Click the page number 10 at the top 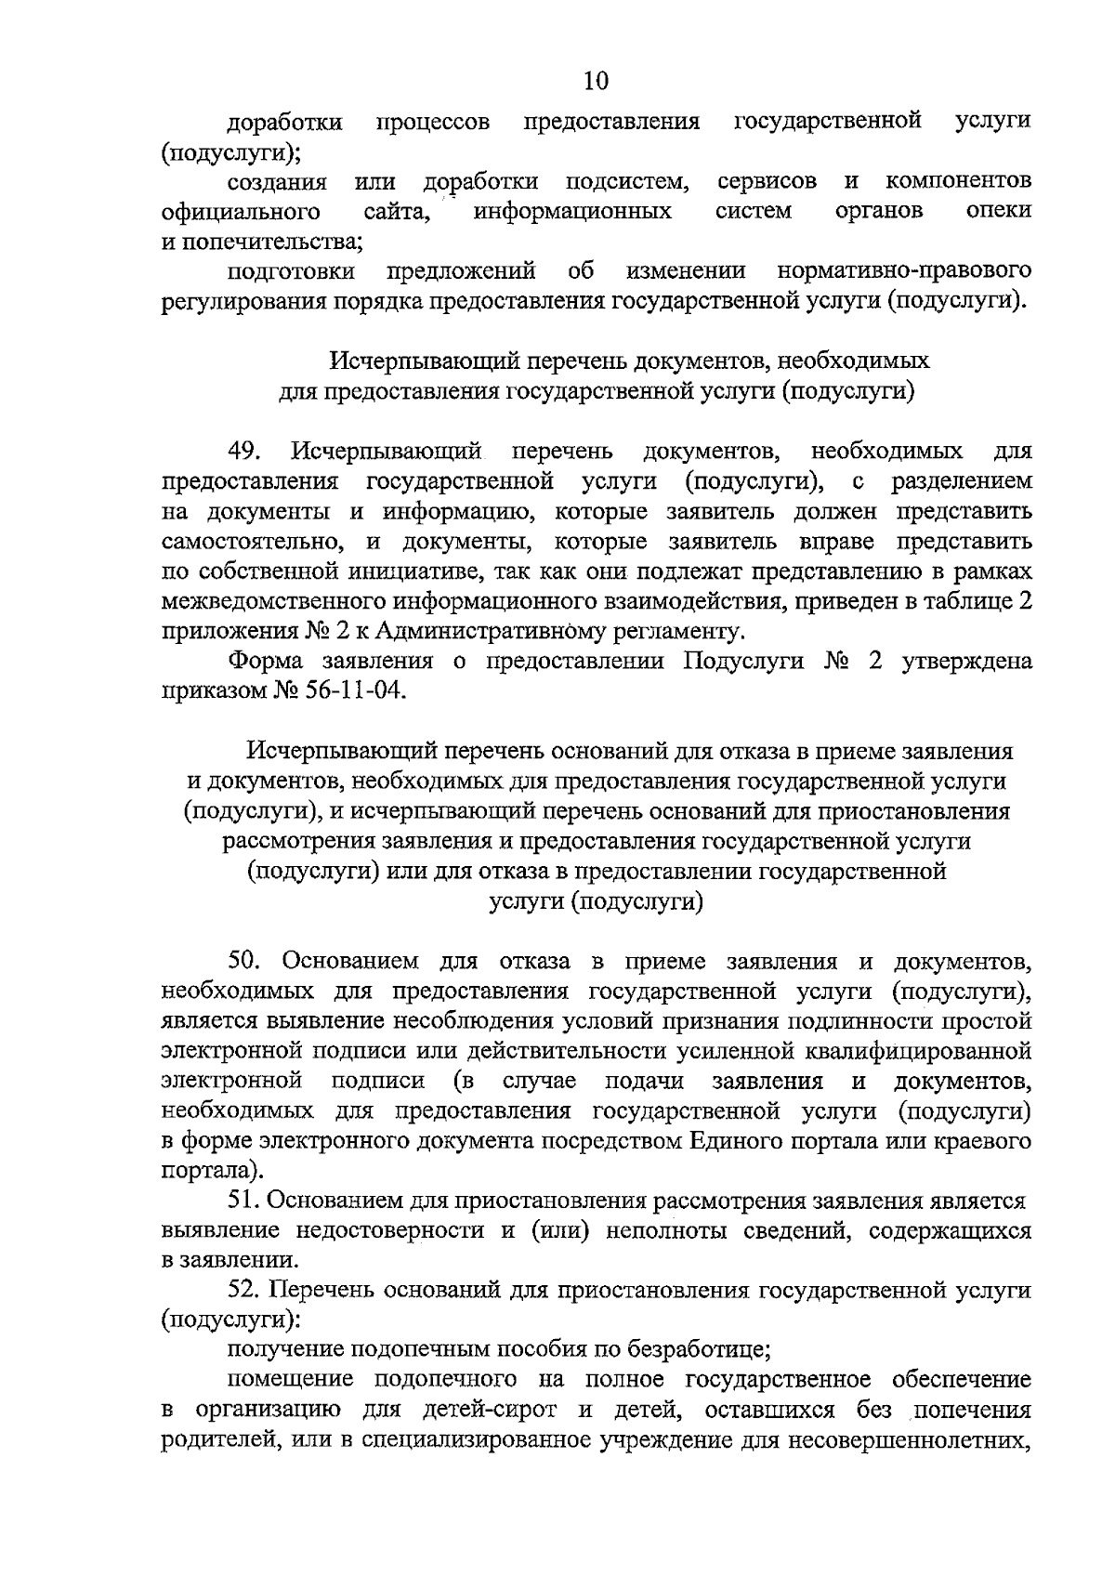coord(596,81)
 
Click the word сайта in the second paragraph coord(397,211)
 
